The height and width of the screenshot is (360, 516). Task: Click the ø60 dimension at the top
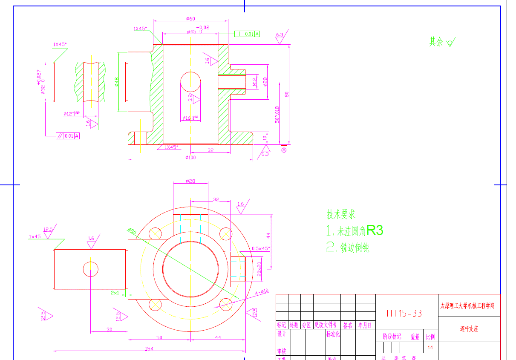[x=190, y=19]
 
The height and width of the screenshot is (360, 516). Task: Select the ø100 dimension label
[x=190, y=158]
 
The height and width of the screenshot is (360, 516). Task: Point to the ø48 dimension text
[x=117, y=81]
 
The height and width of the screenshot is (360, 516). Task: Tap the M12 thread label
[x=254, y=82]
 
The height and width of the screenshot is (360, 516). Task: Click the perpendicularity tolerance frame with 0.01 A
[x=247, y=34]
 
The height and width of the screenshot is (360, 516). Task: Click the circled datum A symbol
[x=284, y=150]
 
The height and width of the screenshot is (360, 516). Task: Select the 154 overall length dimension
[x=149, y=349]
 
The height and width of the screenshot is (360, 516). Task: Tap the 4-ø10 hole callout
[x=262, y=292]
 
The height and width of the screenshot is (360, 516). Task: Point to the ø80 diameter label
[x=132, y=231]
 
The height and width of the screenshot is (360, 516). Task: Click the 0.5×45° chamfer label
[x=261, y=248]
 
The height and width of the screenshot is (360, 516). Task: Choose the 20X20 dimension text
[x=259, y=269]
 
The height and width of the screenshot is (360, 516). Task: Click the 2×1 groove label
[x=115, y=293]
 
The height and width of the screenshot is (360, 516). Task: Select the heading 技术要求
[x=341, y=214]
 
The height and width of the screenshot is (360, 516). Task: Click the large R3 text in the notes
[x=375, y=230]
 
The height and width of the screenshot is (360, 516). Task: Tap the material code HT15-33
[x=404, y=313]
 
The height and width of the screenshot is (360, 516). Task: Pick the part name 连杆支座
[x=469, y=329]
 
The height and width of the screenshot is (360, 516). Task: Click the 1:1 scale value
[x=430, y=348]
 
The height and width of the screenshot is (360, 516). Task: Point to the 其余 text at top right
[x=436, y=42]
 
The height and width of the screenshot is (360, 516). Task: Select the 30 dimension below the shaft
[x=110, y=330]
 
